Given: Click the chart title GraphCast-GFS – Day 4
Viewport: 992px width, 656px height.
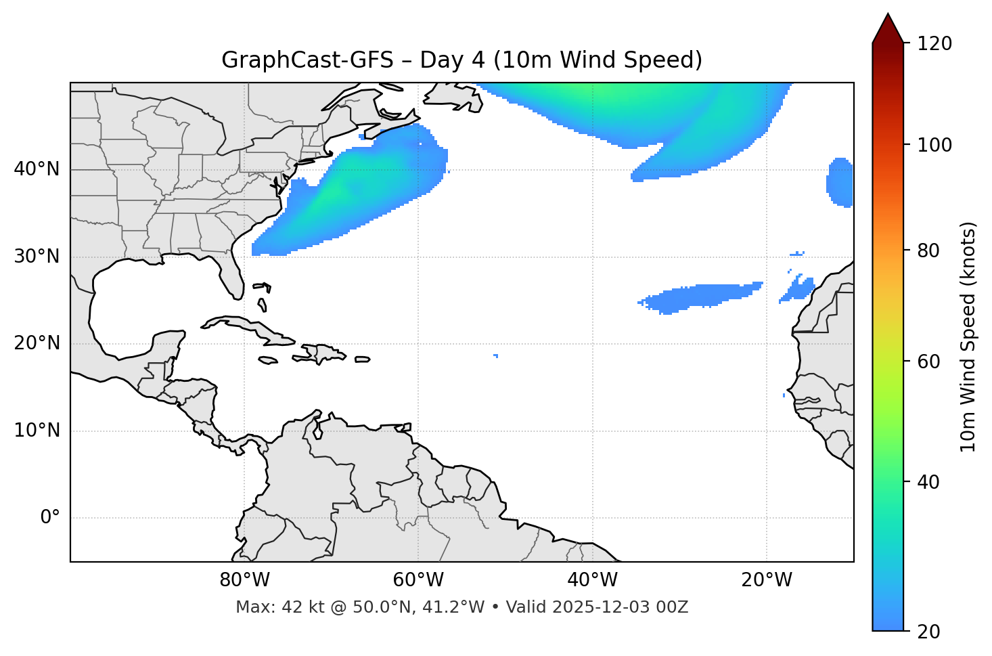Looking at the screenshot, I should pos(461,60).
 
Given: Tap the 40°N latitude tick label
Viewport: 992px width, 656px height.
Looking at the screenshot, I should pos(37,169).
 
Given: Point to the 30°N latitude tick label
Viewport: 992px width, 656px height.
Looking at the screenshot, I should pos(37,256).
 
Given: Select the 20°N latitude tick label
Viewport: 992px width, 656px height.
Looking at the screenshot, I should pos(37,343).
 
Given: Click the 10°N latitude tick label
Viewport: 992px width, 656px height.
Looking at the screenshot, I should pos(37,431).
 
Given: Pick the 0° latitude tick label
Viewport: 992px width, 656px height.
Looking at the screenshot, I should pos(49,518).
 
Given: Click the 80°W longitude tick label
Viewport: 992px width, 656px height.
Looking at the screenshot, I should pos(244,580).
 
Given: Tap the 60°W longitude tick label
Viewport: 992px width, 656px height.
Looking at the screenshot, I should pos(418,580).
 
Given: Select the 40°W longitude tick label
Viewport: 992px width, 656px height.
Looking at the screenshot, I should pos(592,580).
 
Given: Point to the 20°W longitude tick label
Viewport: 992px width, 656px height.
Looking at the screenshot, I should pos(766,580).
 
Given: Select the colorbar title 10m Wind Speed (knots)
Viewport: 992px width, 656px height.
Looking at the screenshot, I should pos(968,337).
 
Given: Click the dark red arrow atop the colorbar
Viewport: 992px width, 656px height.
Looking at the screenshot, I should pos(888,29).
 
